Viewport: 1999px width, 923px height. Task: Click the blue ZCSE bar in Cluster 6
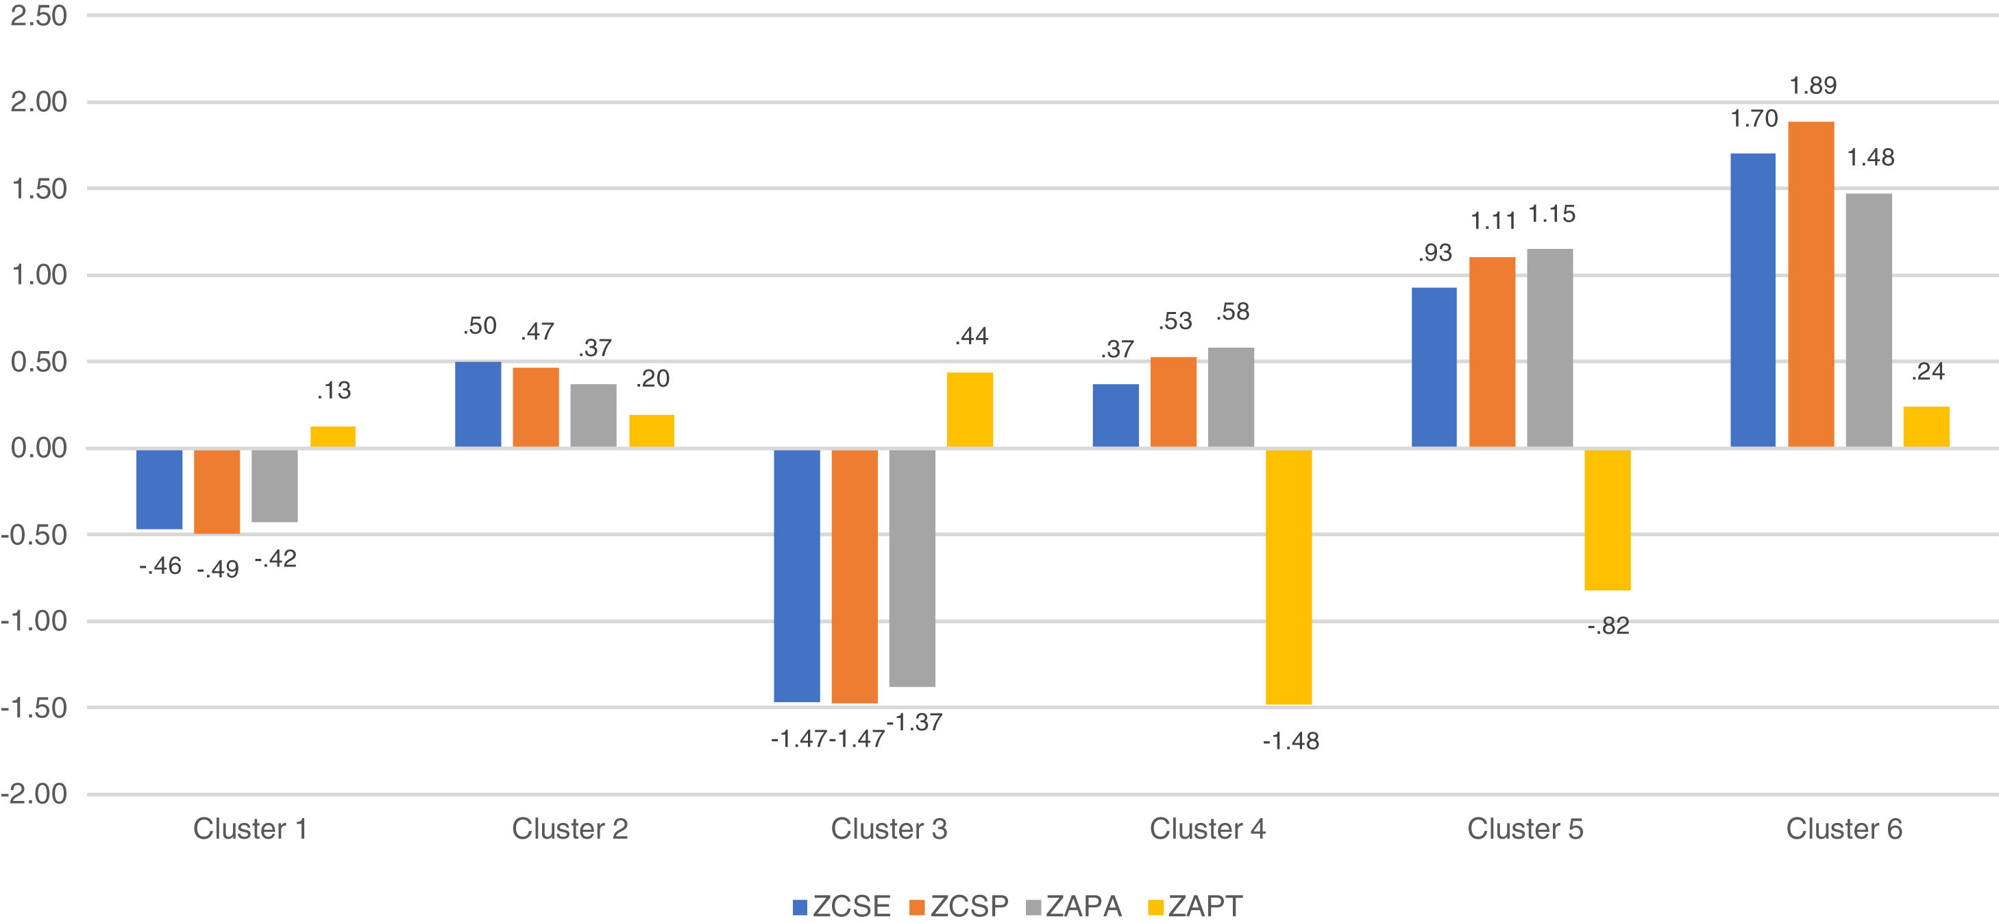tap(1752, 300)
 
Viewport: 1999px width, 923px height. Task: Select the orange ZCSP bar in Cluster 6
tap(1811, 284)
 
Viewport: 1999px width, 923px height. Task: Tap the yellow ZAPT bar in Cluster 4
tap(1288, 577)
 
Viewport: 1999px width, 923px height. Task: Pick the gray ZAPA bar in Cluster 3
tap(912, 568)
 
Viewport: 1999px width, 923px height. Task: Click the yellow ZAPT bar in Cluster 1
tap(333, 436)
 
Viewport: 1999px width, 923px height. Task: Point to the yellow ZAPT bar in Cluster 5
tap(1607, 519)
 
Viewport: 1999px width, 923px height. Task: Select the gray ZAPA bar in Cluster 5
tap(1549, 348)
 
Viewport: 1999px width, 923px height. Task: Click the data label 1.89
tap(1813, 86)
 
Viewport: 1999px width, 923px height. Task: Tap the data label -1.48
tap(1290, 741)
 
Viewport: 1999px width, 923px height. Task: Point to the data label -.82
tap(1608, 625)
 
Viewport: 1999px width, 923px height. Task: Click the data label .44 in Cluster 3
tap(971, 336)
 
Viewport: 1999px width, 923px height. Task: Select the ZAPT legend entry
tap(1195, 906)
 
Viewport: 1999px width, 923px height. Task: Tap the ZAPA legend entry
tap(1074, 906)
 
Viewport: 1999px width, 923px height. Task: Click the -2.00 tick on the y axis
tap(35, 794)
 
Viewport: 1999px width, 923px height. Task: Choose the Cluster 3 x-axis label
tap(889, 829)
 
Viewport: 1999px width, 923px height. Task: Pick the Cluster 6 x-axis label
tap(1844, 829)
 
